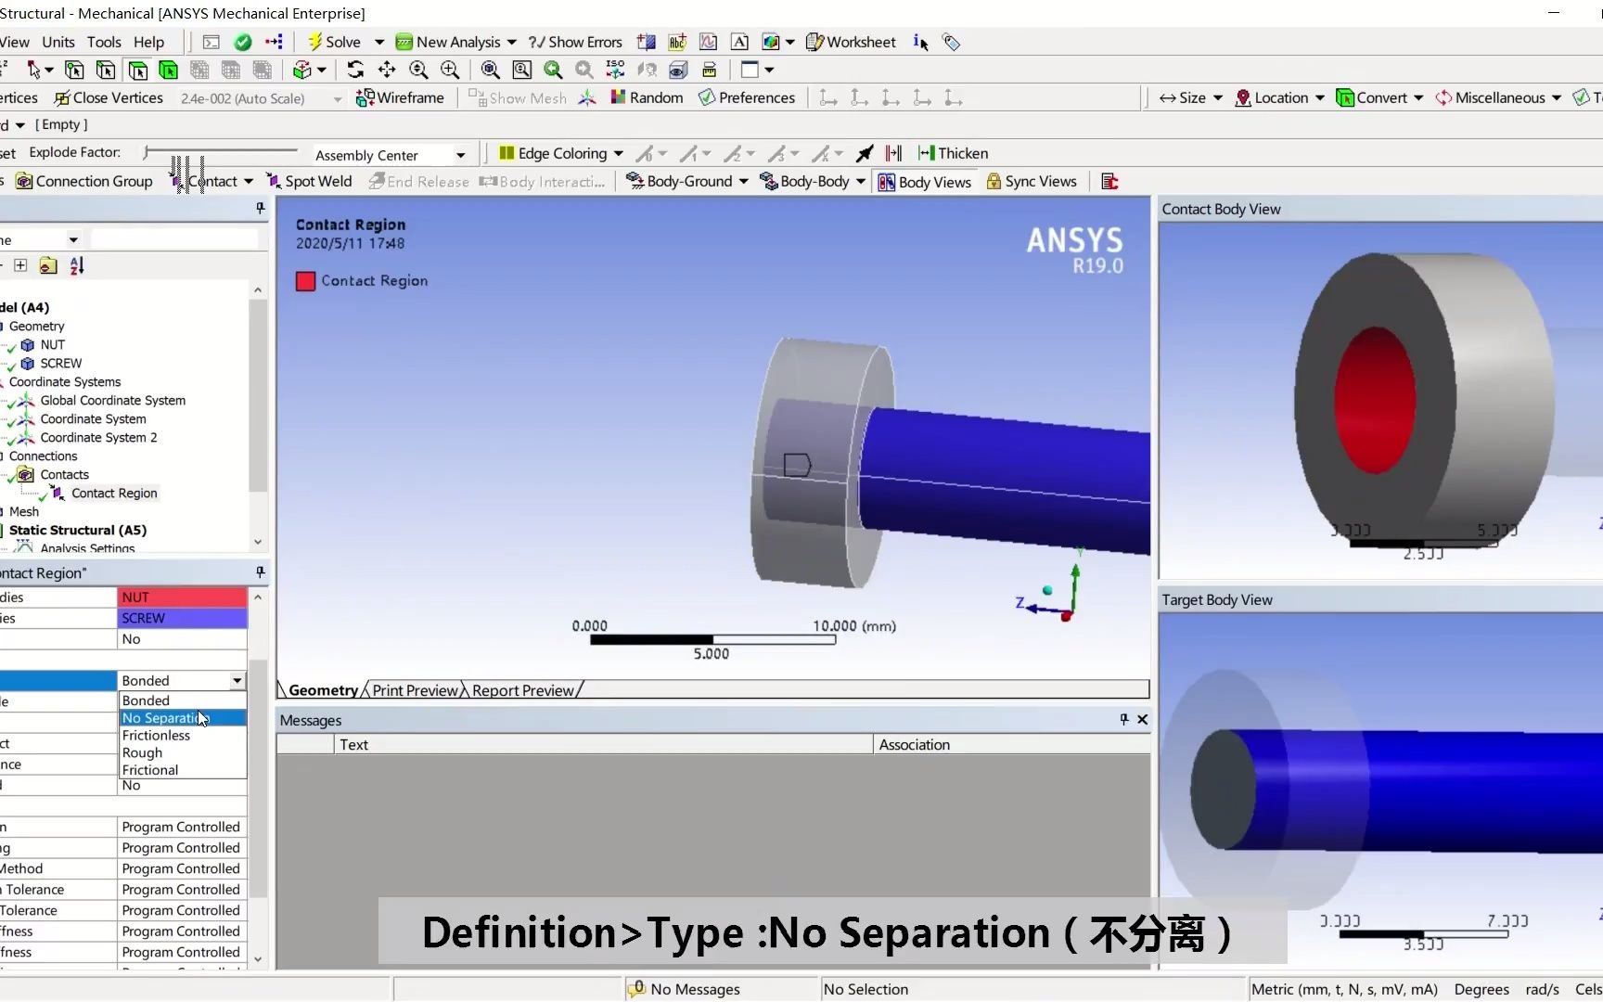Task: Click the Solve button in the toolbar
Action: click(335, 42)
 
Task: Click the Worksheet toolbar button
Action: click(851, 42)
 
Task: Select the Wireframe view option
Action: click(401, 97)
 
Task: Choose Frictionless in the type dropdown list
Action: click(156, 736)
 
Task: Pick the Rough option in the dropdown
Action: click(142, 752)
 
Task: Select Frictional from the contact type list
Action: click(150, 770)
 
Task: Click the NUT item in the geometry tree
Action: click(52, 344)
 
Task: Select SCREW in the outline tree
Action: click(60, 363)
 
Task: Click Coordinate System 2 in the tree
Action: click(98, 437)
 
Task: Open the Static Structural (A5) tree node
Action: click(78, 530)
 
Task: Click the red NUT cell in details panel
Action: click(182, 597)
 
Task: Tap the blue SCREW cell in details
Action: click(182, 618)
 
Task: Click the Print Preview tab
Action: click(415, 690)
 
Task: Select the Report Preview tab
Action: click(523, 690)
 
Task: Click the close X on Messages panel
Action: click(1142, 719)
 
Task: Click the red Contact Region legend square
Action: click(305, 281)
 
